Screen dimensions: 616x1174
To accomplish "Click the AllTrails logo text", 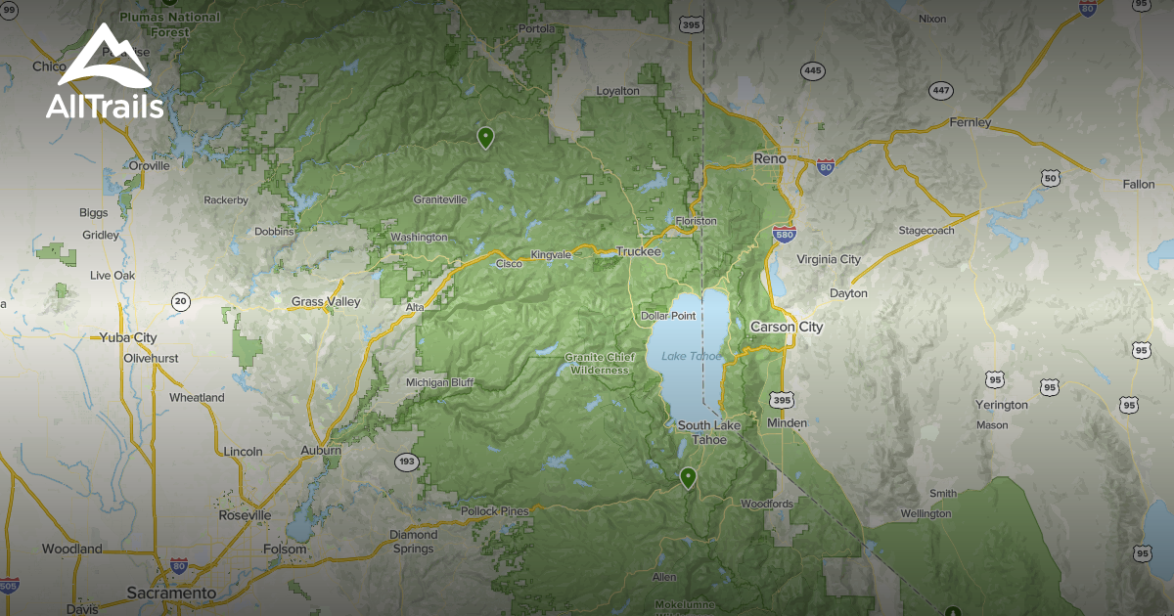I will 105,107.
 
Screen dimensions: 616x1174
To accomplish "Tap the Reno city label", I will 770,158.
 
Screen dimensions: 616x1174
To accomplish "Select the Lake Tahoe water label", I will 688,356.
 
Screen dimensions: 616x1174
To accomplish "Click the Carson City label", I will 787,327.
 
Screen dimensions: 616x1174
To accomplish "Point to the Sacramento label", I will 171,594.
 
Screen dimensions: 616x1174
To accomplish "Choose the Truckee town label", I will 638,251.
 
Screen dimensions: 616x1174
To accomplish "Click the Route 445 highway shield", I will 812,70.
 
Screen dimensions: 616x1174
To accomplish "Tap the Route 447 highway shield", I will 941,91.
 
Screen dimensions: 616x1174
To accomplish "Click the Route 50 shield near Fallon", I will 1050,177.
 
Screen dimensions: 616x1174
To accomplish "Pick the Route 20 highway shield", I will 180,301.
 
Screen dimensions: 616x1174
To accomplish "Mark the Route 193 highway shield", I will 407,461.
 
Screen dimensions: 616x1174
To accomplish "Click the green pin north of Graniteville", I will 485,137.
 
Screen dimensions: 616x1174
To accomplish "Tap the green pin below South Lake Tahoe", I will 689,477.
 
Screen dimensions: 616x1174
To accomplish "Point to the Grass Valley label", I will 326,302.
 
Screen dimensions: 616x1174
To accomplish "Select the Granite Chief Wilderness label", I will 600,364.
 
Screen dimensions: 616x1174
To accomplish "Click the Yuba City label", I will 128,337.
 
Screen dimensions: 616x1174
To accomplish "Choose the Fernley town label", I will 970,123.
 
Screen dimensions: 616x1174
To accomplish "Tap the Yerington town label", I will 1002,405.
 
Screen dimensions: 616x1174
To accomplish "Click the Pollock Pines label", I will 495,511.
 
